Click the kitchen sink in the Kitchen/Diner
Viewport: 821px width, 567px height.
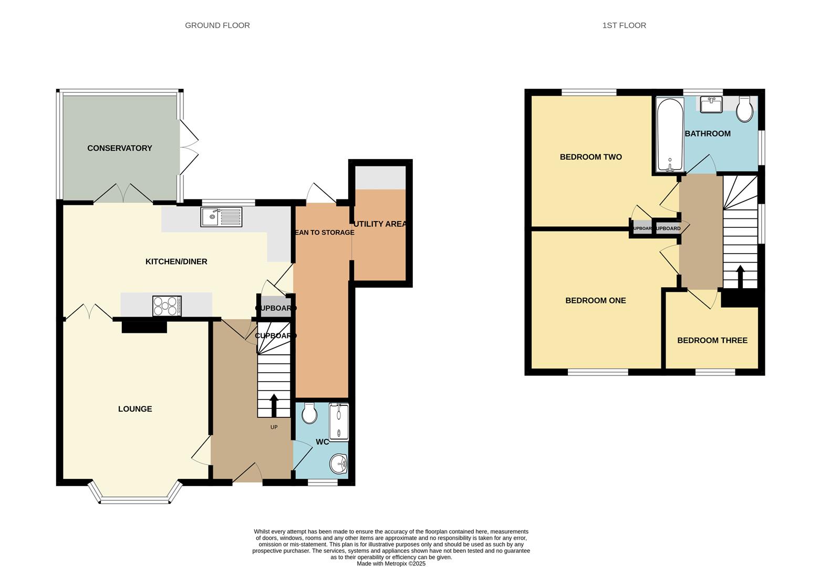(x=221, y=217)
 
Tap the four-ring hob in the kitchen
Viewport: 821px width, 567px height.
(x=167, y=306)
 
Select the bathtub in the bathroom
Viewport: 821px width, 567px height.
(x=669, y=135)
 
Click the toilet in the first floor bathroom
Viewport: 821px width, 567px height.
(x=744, y=109)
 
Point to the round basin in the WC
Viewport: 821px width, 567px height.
(x=339, y=464)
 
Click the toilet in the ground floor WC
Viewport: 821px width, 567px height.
(x=309, y=413)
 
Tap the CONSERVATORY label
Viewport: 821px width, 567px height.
(x=119, y=148)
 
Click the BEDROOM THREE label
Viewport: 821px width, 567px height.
(x=712, y=340)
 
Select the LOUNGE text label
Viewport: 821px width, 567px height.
(x=135, y=409)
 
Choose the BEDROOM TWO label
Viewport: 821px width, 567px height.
(x=590, y=157)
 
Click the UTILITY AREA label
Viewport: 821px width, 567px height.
(x=380, y=224)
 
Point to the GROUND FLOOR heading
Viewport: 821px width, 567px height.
(x=217, y=25)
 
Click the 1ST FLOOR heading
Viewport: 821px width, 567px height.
(x=624, y=25)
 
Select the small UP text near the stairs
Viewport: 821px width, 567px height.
(x=274, y=427)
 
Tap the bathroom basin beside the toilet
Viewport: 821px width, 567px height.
(x=711, y=104)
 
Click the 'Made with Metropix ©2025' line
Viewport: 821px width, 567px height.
(x=391, y=564)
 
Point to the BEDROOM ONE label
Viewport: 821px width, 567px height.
(x=595, y=300)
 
